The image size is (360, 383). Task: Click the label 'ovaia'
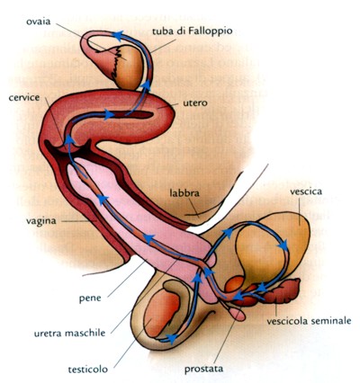[x=38, y=22]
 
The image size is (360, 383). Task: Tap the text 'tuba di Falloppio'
[x=192, y=31]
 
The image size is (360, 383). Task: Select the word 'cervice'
[x=24, y=98]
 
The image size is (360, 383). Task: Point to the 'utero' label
[x=195, y=103]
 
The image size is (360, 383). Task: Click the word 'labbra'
[x=184, y=192]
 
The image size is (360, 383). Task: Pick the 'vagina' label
[x=40, y=221]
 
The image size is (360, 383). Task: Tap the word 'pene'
[x=90, y=298]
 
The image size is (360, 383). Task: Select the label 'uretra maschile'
[x=69, y=333]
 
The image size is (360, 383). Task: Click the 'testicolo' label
[x=88, y=370]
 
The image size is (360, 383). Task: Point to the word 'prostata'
[x=203, y=369]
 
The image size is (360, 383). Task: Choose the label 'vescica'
[x=306, y=191]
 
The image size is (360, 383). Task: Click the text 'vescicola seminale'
[x=309, y=321]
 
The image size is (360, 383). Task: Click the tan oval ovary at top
[x=128, y=67]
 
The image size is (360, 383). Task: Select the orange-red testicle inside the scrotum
[x=161, y=312]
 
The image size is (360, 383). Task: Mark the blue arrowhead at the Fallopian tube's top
[x=118, y=36]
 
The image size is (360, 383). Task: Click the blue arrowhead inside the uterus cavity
[x=109, y=114]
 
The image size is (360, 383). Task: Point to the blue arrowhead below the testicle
[x=172, y=339]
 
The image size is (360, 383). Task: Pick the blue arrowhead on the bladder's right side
[x=283, y=245]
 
